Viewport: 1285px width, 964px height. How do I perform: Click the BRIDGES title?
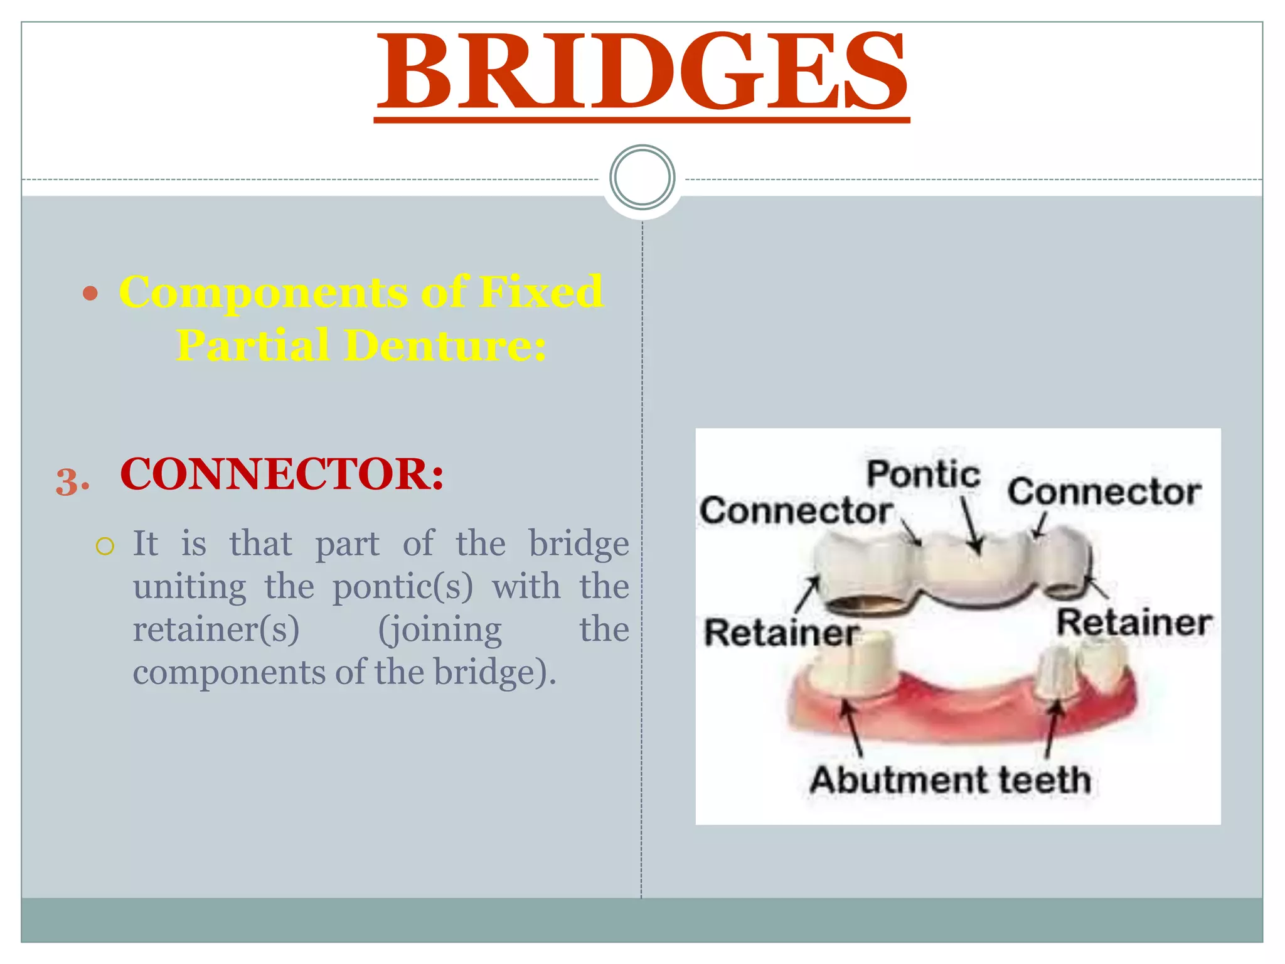click(x=642, y=72)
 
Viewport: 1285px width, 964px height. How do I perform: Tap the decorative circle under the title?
click(x=642, y=177)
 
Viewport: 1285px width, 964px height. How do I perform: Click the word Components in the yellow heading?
click(x=264, y=292)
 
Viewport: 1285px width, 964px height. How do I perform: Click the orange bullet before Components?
click(x=91, y=293)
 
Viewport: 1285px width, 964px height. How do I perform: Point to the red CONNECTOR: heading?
click(x=282, y=474)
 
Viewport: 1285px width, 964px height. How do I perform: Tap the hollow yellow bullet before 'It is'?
click(x=105, y=546)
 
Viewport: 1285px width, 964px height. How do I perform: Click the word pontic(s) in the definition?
click(x=402, y=587)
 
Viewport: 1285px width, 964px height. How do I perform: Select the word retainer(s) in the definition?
click(x=216, y=630)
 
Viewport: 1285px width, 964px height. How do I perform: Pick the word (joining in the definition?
click(x=440, y=630)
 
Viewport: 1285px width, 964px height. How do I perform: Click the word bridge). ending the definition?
click(x=495, y=673)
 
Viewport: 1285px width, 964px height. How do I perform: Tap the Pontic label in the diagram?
click(x=923, y=474)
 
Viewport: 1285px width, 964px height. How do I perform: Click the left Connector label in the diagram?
click(x=796, y=511)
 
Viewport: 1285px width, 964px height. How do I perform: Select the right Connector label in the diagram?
click(x=1104, y=491)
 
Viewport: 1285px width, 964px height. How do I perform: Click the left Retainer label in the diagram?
click(x=781, y=632)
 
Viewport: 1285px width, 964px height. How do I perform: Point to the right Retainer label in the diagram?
click(x=1134, y=623)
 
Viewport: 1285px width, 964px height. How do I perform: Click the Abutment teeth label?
click(x=950, y=780)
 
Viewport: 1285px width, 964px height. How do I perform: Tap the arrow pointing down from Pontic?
click(x=970, y=524)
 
